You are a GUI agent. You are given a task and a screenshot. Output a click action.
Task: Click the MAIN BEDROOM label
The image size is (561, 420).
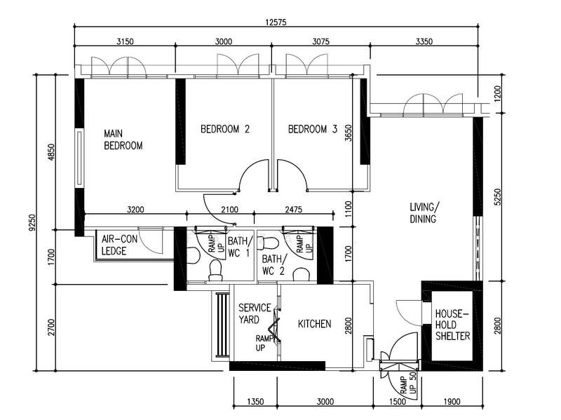click(123, 140)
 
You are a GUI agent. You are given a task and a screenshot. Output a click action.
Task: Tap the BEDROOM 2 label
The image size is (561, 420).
click(224, 129)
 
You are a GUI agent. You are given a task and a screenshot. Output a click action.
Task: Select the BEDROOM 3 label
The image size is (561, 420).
click(312, 129)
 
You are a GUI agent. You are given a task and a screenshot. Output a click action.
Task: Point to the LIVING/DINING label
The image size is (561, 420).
click(424, 213)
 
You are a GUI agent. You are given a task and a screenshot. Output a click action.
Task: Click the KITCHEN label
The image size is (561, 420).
click(314, 324)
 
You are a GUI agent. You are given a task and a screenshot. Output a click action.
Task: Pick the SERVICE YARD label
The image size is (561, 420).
click(255, 313)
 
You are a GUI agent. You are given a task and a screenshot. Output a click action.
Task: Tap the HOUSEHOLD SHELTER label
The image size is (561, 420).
click(452, 325)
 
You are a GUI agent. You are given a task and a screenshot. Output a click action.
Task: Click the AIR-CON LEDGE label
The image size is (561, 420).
click(119, 245)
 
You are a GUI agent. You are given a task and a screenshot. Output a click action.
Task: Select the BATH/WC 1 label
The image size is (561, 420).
click(240, 247)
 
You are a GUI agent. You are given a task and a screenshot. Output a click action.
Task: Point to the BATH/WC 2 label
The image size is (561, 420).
click(274, 265)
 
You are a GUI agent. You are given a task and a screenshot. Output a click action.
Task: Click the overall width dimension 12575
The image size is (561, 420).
click(276, 22)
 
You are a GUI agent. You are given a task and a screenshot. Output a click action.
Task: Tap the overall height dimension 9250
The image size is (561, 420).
click(32, 222)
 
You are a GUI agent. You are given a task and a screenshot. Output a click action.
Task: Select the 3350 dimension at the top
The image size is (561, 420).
click(424, 41)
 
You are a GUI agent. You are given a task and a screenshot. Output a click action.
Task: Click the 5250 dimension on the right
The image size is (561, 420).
click(497, 197)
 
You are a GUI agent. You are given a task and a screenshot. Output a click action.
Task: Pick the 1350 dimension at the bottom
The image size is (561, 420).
click(255, 401)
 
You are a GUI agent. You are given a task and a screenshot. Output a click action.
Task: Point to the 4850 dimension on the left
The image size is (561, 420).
click(51, 151)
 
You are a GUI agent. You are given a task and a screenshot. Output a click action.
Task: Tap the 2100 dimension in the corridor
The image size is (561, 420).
click(229, 209)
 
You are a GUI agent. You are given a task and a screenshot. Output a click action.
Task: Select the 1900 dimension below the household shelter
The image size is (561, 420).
click(452, 401)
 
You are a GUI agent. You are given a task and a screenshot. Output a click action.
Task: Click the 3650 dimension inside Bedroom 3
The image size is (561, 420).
click(348, 133)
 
